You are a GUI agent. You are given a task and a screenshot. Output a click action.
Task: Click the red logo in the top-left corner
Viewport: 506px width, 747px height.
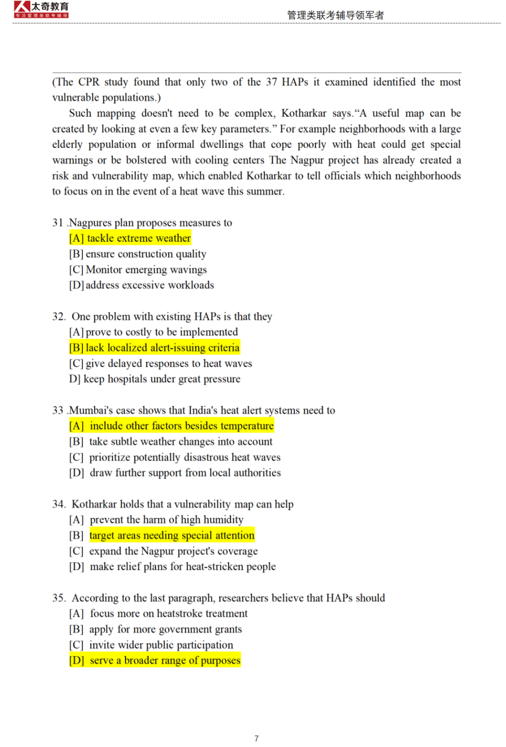(41, 9)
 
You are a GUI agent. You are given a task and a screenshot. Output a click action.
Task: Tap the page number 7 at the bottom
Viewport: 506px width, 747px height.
(256, 738)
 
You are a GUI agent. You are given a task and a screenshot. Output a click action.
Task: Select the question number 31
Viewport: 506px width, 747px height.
(58, 223)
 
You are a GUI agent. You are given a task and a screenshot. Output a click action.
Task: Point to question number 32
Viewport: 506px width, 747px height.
(59, 316)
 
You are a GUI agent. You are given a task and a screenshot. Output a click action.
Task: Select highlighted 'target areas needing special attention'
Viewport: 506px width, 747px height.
(171, 535)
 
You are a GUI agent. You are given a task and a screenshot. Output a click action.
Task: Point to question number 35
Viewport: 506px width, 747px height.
(59, 598)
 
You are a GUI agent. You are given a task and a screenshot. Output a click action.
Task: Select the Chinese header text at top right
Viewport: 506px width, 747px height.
(335, 15)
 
